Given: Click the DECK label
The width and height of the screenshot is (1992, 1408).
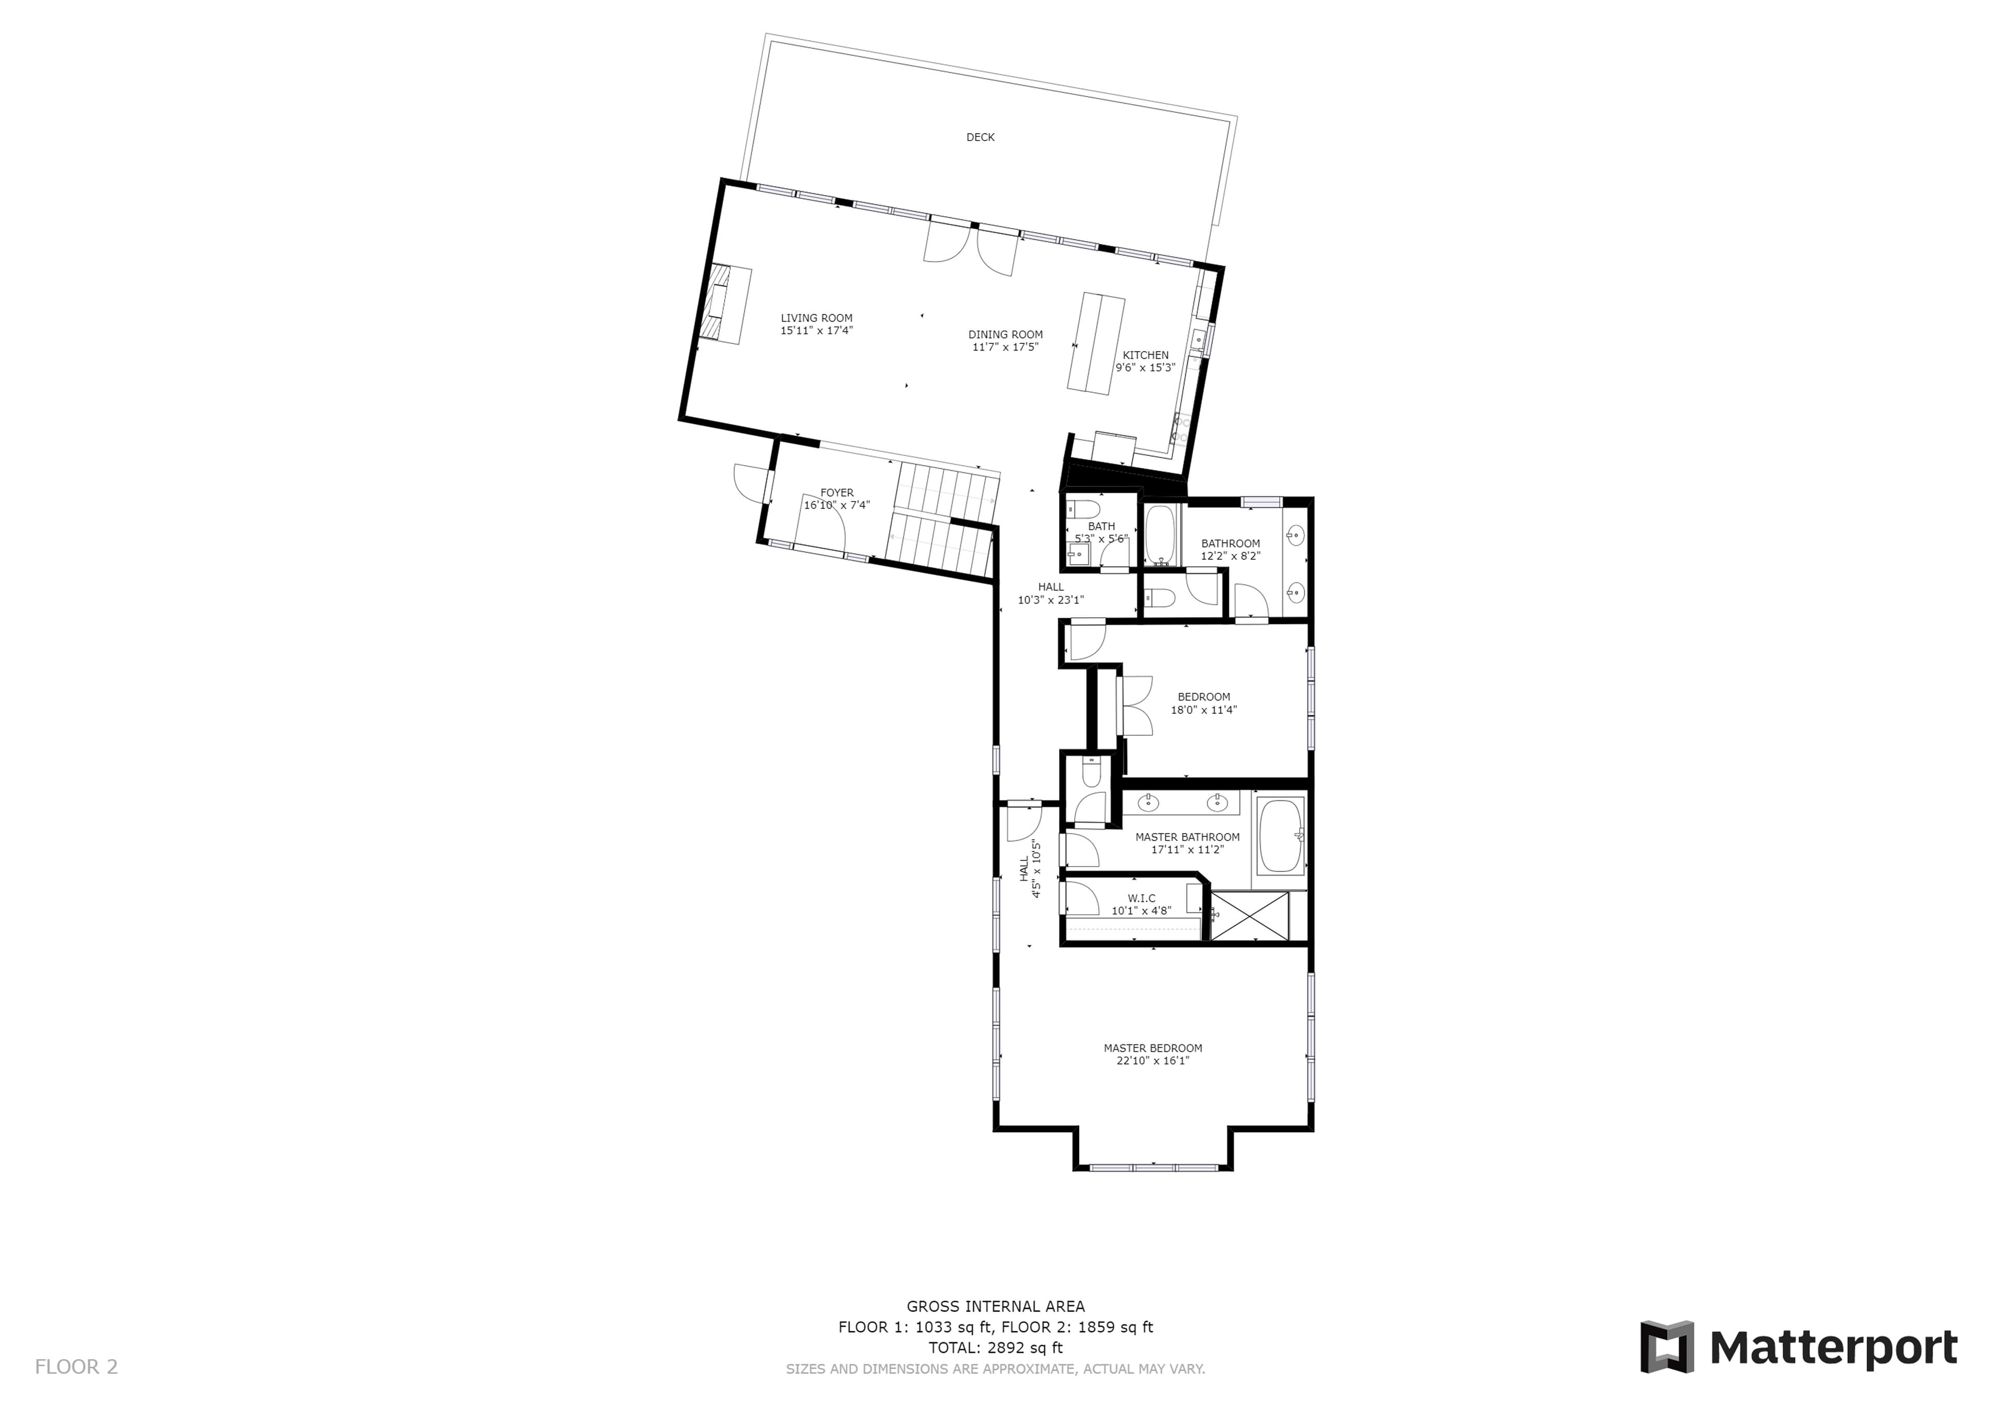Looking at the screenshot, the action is coord(980,137).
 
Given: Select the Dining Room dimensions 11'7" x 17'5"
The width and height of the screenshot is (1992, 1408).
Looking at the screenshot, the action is coord(1005,347).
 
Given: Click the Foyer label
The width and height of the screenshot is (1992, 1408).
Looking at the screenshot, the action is coord(837,493).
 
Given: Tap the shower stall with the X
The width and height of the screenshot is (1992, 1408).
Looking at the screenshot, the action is coord(1249,915).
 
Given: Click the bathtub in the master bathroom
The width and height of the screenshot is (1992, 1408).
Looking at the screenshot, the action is coord(1281,835).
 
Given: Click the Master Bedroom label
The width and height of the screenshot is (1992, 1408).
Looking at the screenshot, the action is coord(1153,1048).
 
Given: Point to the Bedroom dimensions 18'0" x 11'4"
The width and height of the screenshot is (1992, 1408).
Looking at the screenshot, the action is coord(1204,709).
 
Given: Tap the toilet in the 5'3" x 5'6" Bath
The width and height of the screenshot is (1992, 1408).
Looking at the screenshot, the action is coord(1083,508).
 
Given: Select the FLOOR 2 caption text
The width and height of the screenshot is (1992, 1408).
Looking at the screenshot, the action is coord(76,1367).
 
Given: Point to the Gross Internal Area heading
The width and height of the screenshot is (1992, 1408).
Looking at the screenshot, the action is coord(996,1306).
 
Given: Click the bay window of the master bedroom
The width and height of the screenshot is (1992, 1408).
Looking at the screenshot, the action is coord(1154,1167).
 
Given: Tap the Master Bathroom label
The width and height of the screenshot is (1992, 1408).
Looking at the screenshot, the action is coord(1188,837).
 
